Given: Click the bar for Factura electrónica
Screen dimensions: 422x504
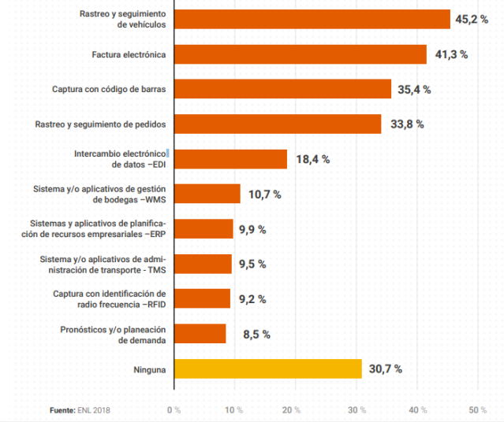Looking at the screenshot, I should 300,54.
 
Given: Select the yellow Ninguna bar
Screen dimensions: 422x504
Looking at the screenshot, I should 267,368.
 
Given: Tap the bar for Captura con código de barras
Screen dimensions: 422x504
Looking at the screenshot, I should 282,89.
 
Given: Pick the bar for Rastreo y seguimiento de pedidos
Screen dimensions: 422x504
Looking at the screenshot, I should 277,124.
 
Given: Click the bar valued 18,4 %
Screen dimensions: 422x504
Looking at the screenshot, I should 230,159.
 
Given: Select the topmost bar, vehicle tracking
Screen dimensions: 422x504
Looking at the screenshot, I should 311,19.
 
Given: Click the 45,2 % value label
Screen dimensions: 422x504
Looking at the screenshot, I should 471,19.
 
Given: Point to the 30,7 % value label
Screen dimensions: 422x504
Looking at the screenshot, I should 385,368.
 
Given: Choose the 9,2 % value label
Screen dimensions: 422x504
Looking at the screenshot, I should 251,299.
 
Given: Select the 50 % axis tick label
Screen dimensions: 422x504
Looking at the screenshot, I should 477,410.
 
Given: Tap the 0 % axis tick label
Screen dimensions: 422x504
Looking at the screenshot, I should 173,410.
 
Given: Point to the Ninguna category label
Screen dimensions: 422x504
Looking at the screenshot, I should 150,368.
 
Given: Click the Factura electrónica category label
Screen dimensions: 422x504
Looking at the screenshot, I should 129,54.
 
